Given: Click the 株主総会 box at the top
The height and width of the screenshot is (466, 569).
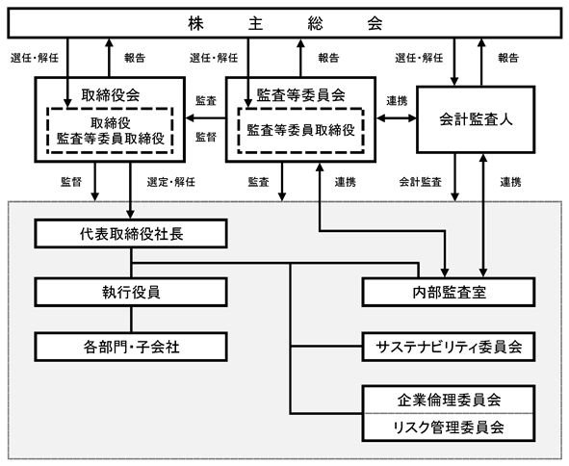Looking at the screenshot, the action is pyautogui.click(x=285, y=23).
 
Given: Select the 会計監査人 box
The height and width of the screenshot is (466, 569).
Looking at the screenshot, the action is pyautogui.click(x=476, y=119).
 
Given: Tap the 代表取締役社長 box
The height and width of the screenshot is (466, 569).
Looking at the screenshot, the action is pyautogui.click(x=131, y=233).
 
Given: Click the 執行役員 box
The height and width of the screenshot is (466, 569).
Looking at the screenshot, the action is pyautogui.click(x=131, y=292).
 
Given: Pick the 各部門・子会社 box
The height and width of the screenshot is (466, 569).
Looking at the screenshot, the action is pyautogui.click(x=131, y=347).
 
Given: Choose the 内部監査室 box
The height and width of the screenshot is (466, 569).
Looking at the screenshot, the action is pyautogui.click(x=449, y=292).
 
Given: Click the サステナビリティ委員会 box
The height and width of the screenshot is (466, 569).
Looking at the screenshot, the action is pyautogui.click(x=449, y=347).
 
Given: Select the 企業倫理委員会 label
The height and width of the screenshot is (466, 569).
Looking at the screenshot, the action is pyautogui.click(x=449, y=400).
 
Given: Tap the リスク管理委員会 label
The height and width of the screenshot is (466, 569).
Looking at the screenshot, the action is pyautogui.click(x=449, y=427).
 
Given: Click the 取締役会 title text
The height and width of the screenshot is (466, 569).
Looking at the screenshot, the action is pyautogui.click(x=111, y=95).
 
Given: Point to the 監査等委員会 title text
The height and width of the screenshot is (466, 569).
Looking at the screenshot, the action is pyautogui.click(x=300, y=95).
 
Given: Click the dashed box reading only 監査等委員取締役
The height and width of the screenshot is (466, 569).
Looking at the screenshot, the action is pyautogui.click(x=300, y=130).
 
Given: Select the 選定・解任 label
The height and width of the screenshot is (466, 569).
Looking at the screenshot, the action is pyautogui.click(x=171, y=182).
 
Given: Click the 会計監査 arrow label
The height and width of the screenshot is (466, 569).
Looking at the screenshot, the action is pyautogui.click(x=420, y=182).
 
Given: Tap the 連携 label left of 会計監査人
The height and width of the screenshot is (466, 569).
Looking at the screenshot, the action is pyautogui.click(x=397, y=100).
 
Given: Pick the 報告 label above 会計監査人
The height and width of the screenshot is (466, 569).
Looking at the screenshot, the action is pyautogui.click(x=508, y=58).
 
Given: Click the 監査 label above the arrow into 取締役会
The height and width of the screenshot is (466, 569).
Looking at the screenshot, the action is pyautogui.click(x=206, y=100).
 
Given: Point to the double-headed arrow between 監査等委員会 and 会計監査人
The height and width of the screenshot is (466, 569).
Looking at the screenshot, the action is pyautogui.click(x=397, y=118).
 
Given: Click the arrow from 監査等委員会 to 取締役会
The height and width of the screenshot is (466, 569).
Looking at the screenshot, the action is pyautogui.click(x=206, y=118).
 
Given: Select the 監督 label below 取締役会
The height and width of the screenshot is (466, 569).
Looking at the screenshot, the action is pyautogui.click(x=71, y=182).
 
